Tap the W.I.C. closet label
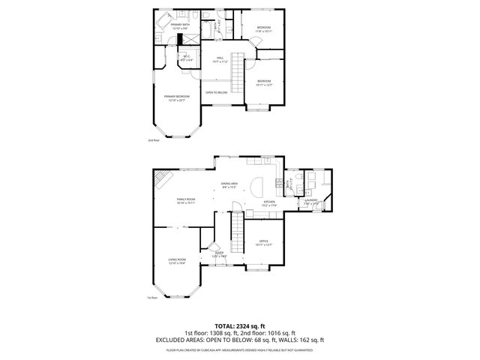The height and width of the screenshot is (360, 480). point(187,58)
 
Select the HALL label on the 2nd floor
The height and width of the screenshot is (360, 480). point(220,59)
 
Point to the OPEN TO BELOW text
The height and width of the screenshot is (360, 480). point(217,92)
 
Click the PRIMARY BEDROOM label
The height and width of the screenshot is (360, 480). point(178,97)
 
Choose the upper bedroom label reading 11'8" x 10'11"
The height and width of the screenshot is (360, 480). point(263,28)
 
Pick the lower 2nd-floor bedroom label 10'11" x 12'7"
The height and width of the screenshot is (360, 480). point(263,83)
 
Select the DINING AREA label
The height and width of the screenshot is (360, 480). point(229,185)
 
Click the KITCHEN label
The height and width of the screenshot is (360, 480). point(269,202)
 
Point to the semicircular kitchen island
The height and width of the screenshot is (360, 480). point(256,185)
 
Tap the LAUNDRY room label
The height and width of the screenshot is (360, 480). point(311,201)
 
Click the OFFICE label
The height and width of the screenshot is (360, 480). point(263,242)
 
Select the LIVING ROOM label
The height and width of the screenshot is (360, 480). point(177,261)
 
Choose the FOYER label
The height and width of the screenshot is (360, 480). point(219,254)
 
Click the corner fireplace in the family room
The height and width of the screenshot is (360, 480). point(162,178)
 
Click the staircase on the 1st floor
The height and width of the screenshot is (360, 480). point(237,232)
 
